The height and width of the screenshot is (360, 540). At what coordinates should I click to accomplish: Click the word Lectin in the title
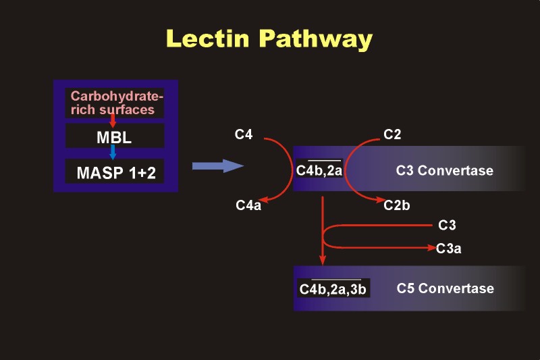click(208, 38)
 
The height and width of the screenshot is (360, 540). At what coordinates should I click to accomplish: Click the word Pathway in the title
click(316, 40)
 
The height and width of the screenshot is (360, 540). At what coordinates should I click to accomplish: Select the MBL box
click(115, 136)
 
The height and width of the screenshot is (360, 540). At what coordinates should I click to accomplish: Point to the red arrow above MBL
click(113, 120)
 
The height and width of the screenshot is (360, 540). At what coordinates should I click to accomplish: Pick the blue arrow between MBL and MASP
click(113, 152)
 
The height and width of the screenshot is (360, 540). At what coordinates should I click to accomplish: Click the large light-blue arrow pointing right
click(217, 165)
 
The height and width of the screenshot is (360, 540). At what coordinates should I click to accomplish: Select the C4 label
click(244, 134)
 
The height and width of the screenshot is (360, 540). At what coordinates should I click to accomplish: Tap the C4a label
click(248, 205)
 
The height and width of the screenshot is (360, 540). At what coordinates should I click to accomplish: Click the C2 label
click(392, 134)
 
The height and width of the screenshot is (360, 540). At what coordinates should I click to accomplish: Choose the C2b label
click(397, 205)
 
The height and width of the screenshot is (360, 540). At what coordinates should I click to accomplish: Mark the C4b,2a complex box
click(319, 169)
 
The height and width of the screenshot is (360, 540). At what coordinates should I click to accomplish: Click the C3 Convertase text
click(445, 170)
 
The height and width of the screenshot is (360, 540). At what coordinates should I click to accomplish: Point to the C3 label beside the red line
click(447, 225)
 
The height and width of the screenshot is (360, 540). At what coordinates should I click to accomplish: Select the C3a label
click(448, 249)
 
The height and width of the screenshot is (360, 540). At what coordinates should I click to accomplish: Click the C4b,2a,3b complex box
click(333, 288)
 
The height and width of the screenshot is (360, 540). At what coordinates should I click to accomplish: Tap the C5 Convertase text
click(445, 288)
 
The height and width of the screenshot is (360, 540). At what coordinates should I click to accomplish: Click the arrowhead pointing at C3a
click(432, 247)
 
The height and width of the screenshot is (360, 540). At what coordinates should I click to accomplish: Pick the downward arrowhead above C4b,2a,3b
click(323, 260)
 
